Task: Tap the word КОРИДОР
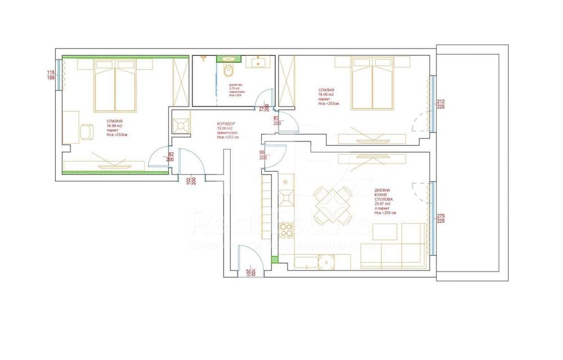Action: tap(226, 124)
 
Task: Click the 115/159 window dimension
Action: tap(51, 75)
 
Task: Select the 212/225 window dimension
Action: tap(441, 104)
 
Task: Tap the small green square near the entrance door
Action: tap(274, 260)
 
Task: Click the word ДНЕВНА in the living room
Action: tap(383, 191)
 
